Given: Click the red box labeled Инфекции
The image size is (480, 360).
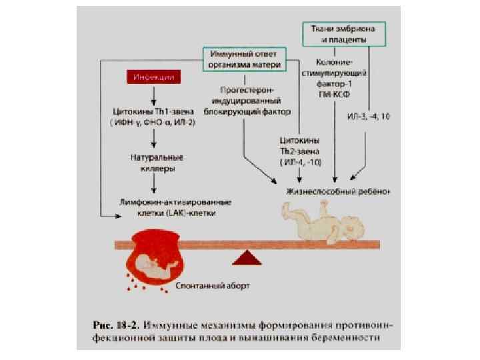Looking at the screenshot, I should click(154, 77).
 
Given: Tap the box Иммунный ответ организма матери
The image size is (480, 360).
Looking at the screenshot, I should click(244, 58).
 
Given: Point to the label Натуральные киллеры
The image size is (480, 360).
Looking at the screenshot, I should click(157, 163).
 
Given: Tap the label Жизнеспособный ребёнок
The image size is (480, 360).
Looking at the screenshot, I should click(337, 191).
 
